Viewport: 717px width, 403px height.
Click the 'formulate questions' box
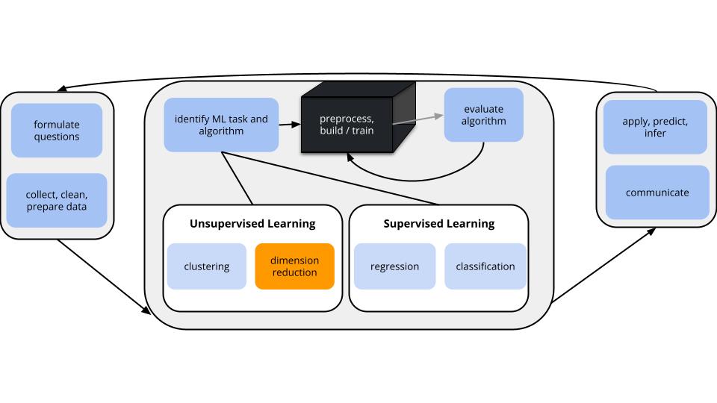57,130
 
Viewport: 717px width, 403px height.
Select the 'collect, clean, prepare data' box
57,200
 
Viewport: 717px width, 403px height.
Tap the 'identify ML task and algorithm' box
221,125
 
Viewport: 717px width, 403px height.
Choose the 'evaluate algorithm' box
484,115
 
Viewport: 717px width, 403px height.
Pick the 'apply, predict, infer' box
655,127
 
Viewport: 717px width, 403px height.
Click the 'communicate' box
657,193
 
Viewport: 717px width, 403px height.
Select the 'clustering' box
207,266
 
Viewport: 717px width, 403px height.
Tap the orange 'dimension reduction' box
294,266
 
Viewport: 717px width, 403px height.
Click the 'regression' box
394,266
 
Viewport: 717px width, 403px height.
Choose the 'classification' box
485,266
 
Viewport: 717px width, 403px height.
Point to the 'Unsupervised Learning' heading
252,223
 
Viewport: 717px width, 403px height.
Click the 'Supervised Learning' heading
439,223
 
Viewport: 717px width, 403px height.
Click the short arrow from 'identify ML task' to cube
290,124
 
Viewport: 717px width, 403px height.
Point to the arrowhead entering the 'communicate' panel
651,231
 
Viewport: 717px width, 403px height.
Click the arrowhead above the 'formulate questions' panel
62,89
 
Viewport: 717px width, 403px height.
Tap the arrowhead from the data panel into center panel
146,310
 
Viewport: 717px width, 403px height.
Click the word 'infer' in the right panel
655,134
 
